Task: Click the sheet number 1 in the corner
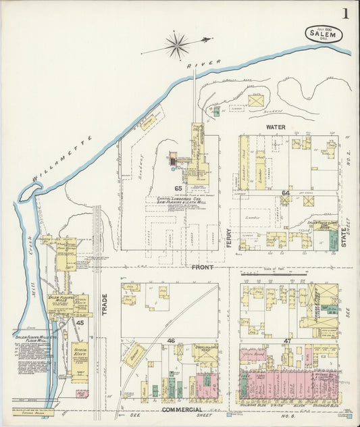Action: pyautogui.click(x=345, y=14)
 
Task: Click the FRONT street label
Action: pyautogui.click(x=202, y=268)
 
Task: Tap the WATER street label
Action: pyautogui.click(x=276, y=126)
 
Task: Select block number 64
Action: pyautogui.click(x=285, y=193)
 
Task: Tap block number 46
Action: pyautogui.click(x=171, y=341)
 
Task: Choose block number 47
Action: pyautogui.click(x=287, y=341)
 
